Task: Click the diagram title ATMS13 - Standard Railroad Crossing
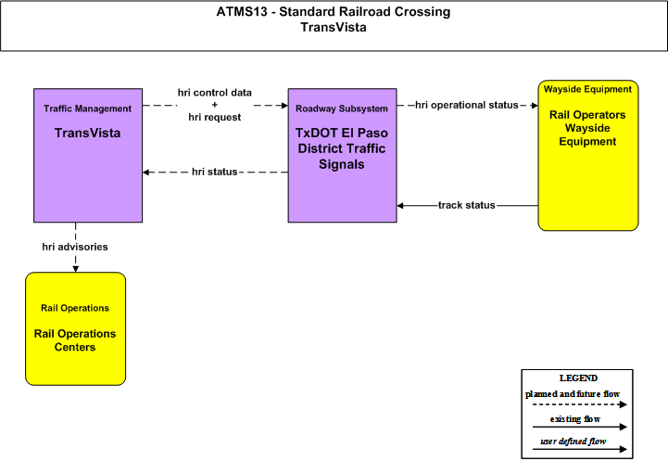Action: click(x=334, y=11)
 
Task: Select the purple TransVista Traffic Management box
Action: click(x=88, y=155)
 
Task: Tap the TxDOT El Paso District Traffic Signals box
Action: click(x=342, y=155)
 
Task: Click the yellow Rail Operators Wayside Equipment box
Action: click(x=588, y=155)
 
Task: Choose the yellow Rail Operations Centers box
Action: click(x=75, y=328)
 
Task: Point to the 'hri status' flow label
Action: click(x=214, y=172)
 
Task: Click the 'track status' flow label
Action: click(x=467, y=205)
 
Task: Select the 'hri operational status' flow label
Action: click(x=467, y=105)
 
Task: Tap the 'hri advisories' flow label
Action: click(x=75, y=247)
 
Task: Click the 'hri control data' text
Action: click(x=215, y=93)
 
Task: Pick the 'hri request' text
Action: click(x=215, y=117)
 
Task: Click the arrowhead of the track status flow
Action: click(x=400, y=206)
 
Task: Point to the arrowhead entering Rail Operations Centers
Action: click(x=75, y=269)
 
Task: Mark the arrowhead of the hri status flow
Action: click(x=145, y=173)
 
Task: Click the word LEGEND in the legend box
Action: click(x=578, y=378)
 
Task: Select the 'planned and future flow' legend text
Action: click(x=573, y=394)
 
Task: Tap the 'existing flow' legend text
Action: click(x=575, y=419)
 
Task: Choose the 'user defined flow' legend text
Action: click(x=573, y=442)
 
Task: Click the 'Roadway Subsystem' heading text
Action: click(x=342, y=109)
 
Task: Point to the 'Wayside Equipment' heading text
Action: click(x=587, y=90)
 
